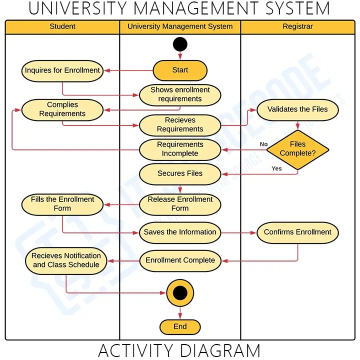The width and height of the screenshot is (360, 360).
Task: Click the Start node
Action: click(180, 70)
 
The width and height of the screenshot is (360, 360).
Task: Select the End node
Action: click(180, 327)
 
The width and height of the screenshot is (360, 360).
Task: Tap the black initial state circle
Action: click(180, 44)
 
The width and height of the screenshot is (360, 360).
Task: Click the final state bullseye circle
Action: click(180, 293)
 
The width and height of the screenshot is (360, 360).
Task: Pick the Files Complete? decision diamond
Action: click(297, 149)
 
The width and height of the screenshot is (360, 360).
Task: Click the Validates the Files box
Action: click(297, 109)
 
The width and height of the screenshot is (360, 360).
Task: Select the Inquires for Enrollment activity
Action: click(62, 70)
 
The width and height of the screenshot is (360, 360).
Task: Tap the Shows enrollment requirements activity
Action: click(180, 94)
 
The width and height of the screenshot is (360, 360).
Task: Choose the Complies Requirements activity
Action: click(62, 109)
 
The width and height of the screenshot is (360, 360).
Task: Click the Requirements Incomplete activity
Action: click(180, 149)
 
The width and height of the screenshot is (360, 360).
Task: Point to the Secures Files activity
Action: click(180, 173)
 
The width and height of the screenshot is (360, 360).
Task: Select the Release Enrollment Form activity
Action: click(180, 204)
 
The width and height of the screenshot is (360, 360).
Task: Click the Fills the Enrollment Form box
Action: click(62, 204)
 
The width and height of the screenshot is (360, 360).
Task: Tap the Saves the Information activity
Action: click(180, 232)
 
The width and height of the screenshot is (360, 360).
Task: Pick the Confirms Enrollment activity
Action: click(297, 232)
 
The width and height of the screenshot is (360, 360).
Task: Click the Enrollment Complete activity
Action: click(180, 260)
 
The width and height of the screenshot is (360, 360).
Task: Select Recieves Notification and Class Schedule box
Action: click(66, 260)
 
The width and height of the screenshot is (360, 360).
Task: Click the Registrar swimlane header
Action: click(297, 26)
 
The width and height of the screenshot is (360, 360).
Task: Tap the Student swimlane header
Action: click(62, 26)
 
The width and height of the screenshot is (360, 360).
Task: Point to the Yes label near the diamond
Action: click(276, 168)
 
